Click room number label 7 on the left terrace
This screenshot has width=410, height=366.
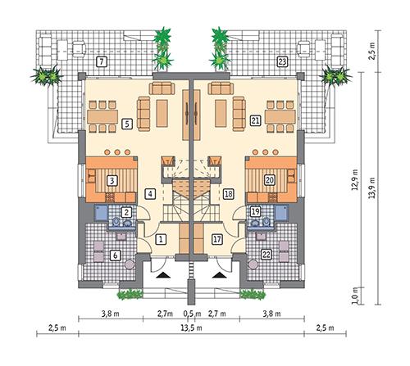coord(100,61)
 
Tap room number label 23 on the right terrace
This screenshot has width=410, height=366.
coord(281,61)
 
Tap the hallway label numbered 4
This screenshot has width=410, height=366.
coord(149,194)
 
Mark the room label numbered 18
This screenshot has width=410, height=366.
coord(228,194)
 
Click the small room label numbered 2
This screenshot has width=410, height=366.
coord(126,212)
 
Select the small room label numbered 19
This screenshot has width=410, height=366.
coord(255,212)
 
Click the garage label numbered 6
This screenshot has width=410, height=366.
coord(115,255)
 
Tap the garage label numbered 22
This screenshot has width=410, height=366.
coord(266,255)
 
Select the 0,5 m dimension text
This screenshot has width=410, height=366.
coord(193,312)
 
